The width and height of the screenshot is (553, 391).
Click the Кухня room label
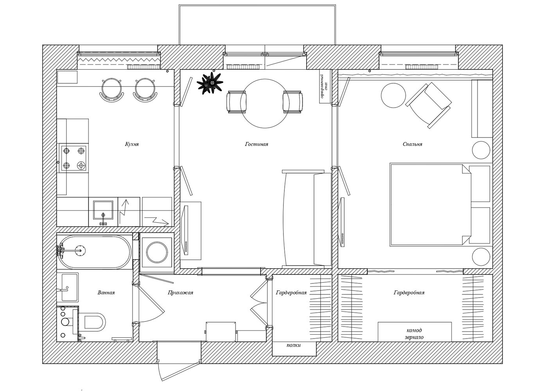point(132,144)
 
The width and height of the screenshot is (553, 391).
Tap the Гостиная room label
point(257,144)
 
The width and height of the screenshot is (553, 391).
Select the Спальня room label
point(412,144)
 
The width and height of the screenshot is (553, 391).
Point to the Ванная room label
point(106,293)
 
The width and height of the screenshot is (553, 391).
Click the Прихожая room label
point(180,293)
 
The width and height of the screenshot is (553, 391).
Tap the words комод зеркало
point(414,334)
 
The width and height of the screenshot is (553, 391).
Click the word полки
point(294,345)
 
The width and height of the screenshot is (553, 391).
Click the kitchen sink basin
point(103,210)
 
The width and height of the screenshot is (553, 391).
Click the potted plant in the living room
point(210,83)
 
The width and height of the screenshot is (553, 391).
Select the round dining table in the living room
point(265,104)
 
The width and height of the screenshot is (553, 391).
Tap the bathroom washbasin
point(68,287)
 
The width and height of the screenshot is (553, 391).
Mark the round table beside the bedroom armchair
point(393,95)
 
